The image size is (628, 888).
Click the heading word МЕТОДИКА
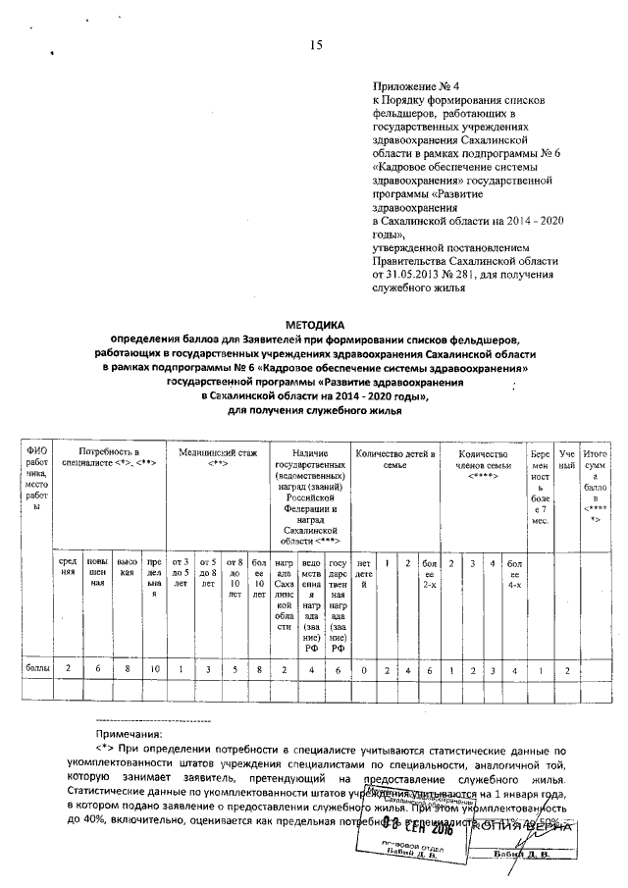click(x=316, y=323)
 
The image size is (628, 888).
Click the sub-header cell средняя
click(x=69, y=569)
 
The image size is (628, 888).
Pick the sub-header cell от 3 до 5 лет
click(x=180, y=575)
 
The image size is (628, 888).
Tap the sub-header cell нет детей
click(x=365, y=569)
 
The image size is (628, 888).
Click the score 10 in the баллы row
click(x=154, y=669)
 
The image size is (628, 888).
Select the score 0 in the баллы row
click(x=365, y=669)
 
